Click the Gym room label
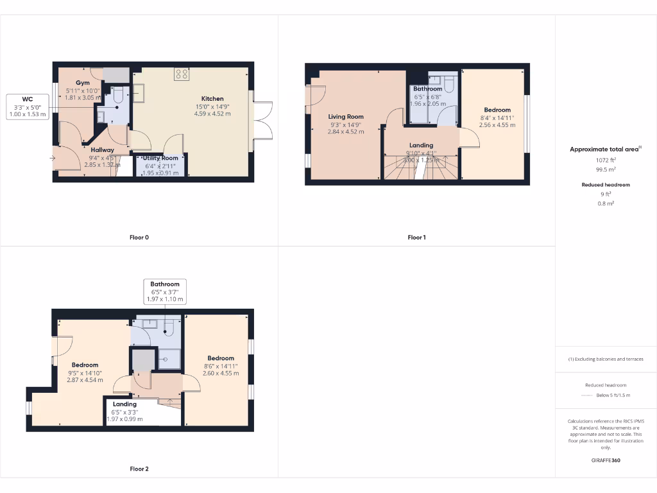click(83, 83)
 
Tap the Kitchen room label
click(212, 99)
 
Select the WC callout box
click(28, 107)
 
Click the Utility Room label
click(160, 158)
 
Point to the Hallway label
click(102, 150)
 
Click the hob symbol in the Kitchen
click(182, 74)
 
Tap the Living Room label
click(346, 117)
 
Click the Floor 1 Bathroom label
click(427, 89)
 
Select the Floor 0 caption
click(139, 238)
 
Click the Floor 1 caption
click(416, 238)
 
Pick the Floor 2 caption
click(139, 469)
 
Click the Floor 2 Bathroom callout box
click(165, 291)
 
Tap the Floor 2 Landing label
click(125, 404)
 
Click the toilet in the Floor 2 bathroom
click(169, 329)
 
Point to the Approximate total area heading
click(604, 149)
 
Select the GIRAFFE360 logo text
click(605, 460)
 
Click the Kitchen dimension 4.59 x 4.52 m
click(212, 114)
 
